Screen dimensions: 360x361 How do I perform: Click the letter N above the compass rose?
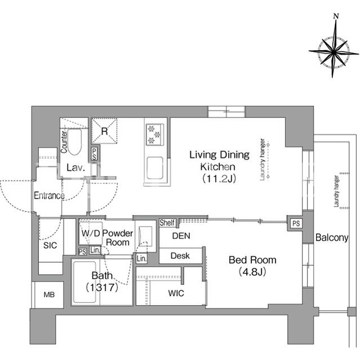tap(336, 16)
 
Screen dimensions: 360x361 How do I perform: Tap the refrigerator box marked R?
tap(104, 131)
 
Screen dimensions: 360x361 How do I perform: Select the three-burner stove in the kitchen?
tap(155, 134)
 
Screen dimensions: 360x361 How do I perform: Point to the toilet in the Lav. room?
tap(75, 142)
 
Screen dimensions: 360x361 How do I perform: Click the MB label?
tap(49, 294)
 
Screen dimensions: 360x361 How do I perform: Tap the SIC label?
tap(50, 245)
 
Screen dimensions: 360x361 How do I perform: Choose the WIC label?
tap(176, 293)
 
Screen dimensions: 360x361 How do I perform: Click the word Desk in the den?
tap(180, 256)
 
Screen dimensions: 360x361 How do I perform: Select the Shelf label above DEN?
tap(167, 223)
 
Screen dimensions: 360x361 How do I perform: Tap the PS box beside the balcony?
tap(296, 223)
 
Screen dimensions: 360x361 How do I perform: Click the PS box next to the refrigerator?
tap(94, 154)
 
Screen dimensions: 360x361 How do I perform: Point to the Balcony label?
tap(332, 237)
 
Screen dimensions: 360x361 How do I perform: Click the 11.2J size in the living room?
tap(219, 179)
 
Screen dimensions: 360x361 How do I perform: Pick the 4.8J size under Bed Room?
tap(252, 272)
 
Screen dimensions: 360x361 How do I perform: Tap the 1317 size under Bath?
tap(102, 287)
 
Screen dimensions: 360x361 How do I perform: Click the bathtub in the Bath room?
tap(85, 282)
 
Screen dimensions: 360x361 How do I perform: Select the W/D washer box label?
tap(91, 233)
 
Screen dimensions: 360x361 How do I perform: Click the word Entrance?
tap(49, 196)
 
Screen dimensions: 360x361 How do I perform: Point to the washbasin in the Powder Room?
tap(145, 236)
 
